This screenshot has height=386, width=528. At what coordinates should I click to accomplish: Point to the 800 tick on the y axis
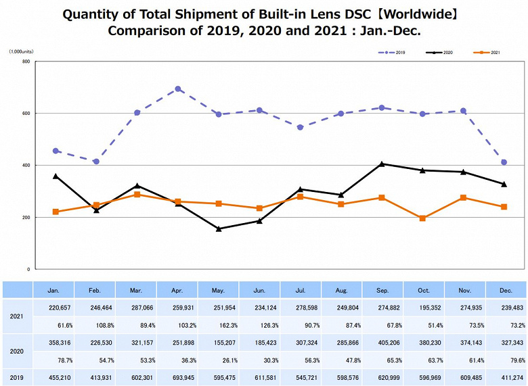point(26,62)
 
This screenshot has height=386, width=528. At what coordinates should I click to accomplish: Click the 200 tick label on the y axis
point(26,217)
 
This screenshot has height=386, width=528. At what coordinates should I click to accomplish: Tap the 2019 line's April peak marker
point(178,89)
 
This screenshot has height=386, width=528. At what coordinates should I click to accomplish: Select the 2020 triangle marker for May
point(219,228)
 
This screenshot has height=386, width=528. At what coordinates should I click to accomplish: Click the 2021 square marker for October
point(422,218)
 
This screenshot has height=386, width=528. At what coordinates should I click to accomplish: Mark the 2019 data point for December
point(504,162)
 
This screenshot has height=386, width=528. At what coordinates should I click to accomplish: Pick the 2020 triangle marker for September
point(382,164)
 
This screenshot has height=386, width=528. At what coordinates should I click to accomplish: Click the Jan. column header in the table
point(53,289)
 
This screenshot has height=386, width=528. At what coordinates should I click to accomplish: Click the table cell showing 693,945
point(177,377)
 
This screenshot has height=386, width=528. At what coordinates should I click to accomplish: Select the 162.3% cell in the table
point(218,324)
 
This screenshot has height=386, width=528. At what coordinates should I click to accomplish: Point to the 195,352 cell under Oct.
point(423,308)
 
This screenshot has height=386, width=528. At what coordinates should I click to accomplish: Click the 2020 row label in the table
point(17,352)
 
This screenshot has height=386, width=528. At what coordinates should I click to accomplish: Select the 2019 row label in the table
point(17,377)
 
